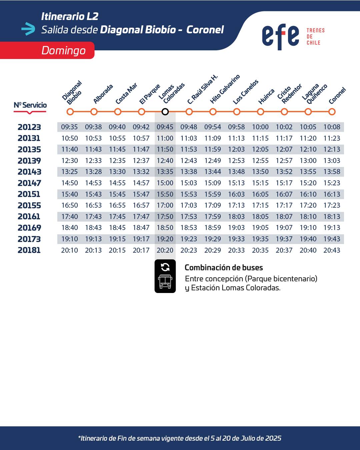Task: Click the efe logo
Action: click(x=280, y=37)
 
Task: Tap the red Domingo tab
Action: click(x=47, y=50)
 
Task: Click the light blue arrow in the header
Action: click(x=28, y=29)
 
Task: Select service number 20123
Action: click(x=29, y=127)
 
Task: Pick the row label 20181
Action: click(x=29, y=250)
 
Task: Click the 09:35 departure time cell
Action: click(x=69, y=127)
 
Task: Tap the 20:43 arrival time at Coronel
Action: click(x=332, y=250)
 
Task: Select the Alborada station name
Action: click(x=103, y=94)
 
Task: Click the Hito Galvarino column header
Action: click(x=225, y=89)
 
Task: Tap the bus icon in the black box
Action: click(x=165, y=282)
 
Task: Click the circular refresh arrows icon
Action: click(x=165, y=267)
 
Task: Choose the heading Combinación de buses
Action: click(x=224, y=267)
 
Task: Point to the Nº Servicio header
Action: click(x=30, y=105)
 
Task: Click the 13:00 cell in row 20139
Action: click(x=308, y=161)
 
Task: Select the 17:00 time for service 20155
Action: click(x=165, y=205)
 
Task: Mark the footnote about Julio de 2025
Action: click(x=180, y=438)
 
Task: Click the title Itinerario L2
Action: click(x=70, y=17)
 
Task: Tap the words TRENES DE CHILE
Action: click(x=315, y=37)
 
